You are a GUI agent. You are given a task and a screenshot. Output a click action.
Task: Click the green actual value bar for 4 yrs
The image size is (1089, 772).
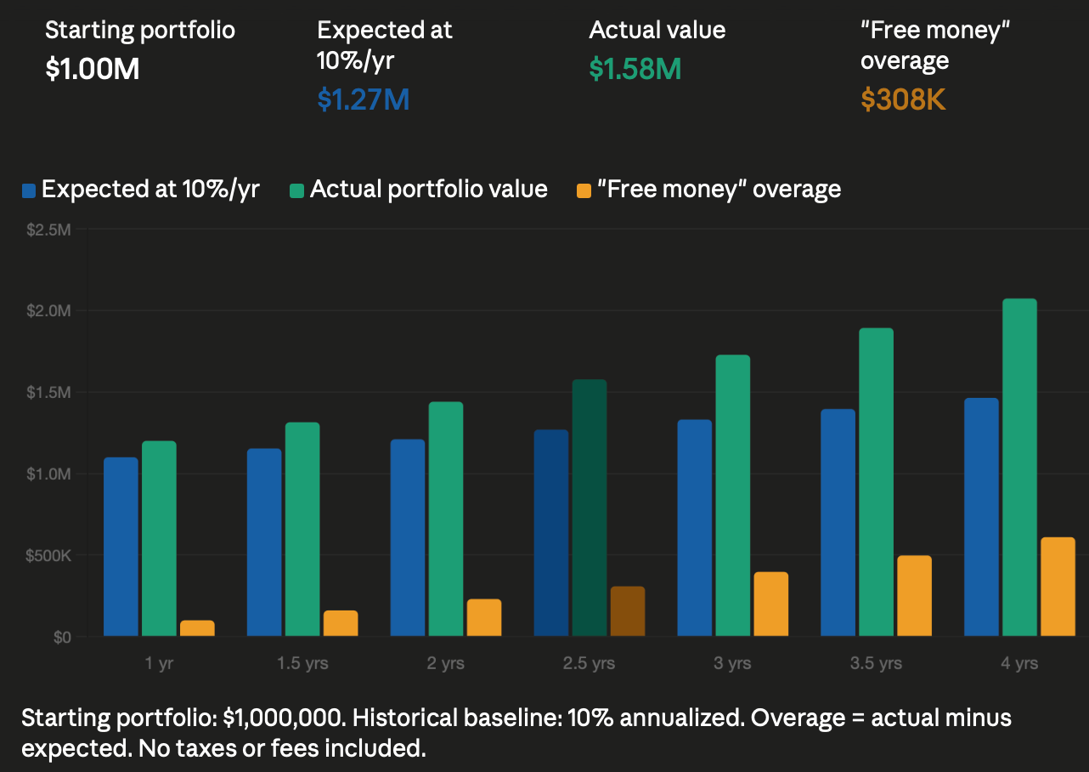pyautogui.click(x=1019, y=468)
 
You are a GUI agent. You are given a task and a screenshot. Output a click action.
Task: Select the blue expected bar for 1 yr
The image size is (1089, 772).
pyautogui.click(x=121, y=547)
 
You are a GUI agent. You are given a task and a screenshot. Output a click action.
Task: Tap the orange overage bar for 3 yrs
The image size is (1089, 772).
pyautogui.click(x=770, y=604)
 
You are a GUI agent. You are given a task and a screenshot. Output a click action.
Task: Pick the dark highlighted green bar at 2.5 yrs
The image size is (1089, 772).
pyautogui.click(x=589, y=508)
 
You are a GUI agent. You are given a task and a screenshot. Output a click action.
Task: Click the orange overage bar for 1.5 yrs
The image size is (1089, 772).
pyautogui.click(x=341, y=623)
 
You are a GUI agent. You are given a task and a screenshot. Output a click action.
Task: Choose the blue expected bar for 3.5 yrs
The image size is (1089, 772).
pyautogui.click(x=838, y=523)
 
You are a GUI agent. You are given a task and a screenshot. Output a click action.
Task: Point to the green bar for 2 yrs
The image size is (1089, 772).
pyautogui.click(x=446, y=519)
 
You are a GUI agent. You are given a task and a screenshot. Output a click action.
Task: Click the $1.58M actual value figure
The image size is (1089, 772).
pyautogui.click(x=635, y=69)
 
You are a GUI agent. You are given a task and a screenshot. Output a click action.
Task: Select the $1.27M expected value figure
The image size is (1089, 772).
pyautogui.click(x=363, y=99)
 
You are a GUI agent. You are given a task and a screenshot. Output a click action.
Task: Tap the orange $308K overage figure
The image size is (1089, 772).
pyautogui.click(x=903, y=99)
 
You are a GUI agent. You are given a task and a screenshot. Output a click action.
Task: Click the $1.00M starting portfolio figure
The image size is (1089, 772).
pyautogui.click(x=92, y=69)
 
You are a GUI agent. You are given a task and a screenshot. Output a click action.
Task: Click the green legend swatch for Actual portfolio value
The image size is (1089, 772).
pyautogui.click(x=296, y=190)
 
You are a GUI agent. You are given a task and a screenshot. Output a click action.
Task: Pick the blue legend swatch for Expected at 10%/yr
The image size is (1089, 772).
pyautogui.click(x=29, y=190)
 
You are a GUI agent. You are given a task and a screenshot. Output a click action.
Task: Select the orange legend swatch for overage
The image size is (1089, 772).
pyautogui.click(x=583, y=190)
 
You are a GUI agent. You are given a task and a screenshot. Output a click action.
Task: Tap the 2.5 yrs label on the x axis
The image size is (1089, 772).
pyautogui.click(x=588, y=664)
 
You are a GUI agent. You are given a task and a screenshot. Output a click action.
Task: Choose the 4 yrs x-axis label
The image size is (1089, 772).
pyautogui.click(x=1019, y=664)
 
